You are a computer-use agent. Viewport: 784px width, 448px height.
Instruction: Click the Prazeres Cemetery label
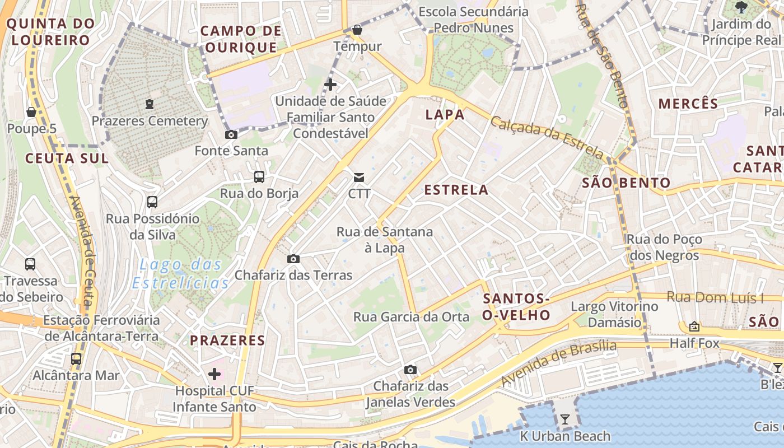(150, 121)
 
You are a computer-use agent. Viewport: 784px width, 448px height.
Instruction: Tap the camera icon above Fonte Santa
(231, 134)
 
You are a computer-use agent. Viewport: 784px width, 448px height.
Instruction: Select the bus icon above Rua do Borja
(259, 177)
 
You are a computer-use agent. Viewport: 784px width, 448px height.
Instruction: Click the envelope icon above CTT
(359, 178)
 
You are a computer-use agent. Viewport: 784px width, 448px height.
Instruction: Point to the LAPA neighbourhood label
(445, 115)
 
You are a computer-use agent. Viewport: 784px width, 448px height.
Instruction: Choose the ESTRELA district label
(456, 190)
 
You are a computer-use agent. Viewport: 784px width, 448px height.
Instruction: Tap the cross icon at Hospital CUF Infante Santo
(214, 374)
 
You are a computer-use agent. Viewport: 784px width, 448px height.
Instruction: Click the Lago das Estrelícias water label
(181, 273)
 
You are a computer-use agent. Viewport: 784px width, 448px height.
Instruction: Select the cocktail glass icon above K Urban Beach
(564, 419)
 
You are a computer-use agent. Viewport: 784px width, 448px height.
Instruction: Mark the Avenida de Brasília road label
(558, 363)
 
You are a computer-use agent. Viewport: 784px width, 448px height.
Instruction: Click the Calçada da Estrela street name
(547, 137)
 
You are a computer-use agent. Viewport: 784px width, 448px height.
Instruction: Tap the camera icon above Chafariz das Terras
(293, 259)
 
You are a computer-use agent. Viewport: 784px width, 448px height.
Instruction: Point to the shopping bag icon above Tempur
(357, 30)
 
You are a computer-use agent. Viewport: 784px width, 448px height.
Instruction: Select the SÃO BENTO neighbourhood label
(626, 183)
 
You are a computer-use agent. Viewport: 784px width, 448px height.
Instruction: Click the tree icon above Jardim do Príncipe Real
(741, 7)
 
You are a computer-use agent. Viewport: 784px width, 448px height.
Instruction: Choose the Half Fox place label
(694, 343)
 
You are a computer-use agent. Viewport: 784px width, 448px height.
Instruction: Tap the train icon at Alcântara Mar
(76, 358)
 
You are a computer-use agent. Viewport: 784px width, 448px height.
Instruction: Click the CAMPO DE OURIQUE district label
(241, 39)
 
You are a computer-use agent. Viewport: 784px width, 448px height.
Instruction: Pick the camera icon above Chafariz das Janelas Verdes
(410, 370)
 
